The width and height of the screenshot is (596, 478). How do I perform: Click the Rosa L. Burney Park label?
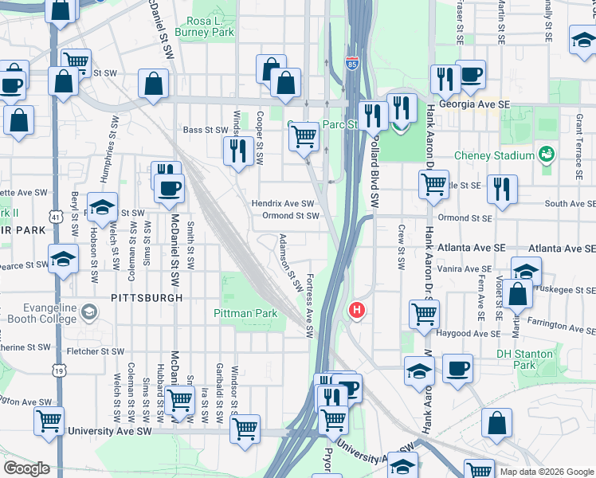pos(210,26)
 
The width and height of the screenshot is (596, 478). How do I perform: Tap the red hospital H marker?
pos(357,309)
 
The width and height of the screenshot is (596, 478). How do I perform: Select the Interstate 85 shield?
pos(352,62)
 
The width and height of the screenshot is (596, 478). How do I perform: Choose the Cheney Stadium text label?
pos(493,155)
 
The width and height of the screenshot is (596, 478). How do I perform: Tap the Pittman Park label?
pos(245,313)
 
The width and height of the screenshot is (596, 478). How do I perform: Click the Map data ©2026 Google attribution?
pos(545,472)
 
